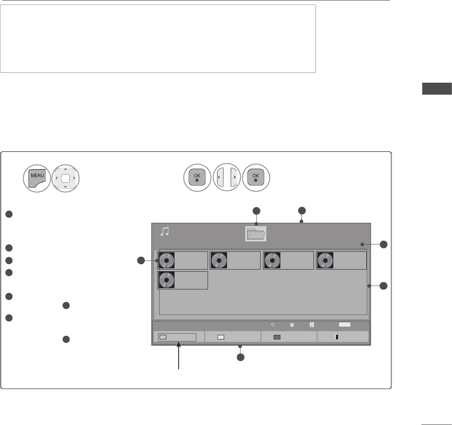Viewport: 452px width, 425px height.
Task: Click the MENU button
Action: (x=37, y=178)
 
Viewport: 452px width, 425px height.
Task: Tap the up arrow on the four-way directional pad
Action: (x=65, y=170)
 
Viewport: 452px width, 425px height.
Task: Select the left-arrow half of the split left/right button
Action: (x=220, y=177)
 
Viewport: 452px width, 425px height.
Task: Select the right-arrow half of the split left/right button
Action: (x=234, y=177)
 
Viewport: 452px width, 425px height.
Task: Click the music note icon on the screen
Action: (x=165, y=232)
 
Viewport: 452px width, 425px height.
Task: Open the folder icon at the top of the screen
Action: (x=256, y=234)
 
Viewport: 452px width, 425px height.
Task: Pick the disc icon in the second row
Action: (x=167, y=280)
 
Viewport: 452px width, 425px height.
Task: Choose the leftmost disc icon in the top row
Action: (x=167, y=260)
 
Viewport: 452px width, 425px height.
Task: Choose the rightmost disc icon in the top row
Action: (x=325, y=260)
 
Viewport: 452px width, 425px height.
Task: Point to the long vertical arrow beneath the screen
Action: (x=179, y=355)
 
